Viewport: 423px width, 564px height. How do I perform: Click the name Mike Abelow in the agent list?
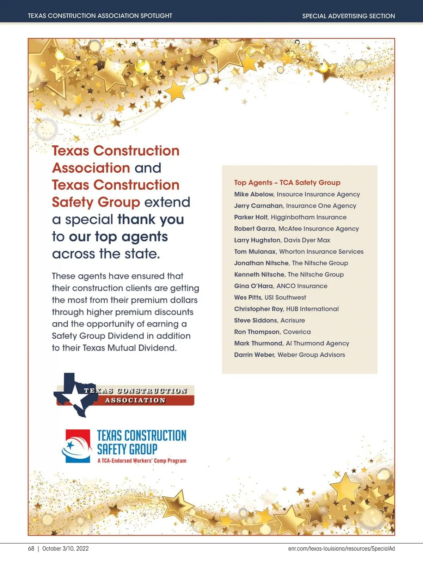click(x=254, y=194)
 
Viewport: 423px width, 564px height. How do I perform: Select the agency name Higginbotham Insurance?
click(x=308, y=217)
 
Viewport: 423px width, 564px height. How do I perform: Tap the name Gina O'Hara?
click(x=253, y=286)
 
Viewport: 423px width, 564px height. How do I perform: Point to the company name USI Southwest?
click(x=285, y=298)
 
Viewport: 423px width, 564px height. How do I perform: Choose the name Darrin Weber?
click(x=254, y=355)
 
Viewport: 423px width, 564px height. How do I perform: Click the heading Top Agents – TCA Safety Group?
click(x=287, y=183)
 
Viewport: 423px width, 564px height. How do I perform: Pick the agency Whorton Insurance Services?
click(x=321, y=252)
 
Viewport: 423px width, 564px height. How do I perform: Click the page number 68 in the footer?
click(x=31, y=548)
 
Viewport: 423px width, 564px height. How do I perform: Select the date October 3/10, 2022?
click(x=65, y=548)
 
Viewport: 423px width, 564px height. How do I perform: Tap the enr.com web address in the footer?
click(x=341, y=548)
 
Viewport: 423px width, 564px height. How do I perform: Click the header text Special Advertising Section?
click(x=348, y=16)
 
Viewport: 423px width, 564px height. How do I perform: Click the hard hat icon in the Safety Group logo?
click(x=77, y=445)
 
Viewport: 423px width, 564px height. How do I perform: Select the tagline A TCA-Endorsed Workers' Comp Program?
click(x=142, y=460)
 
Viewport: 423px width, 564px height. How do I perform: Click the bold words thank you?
click(x=151, y=219)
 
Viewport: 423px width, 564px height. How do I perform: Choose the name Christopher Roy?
click(x=259, y=309)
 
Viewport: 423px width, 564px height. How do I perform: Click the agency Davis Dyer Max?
click(x=307, y=240)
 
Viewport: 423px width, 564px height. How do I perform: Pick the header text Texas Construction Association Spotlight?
click(x=100, y=16)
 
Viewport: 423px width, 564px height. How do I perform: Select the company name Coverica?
click(x=297, y=332)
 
